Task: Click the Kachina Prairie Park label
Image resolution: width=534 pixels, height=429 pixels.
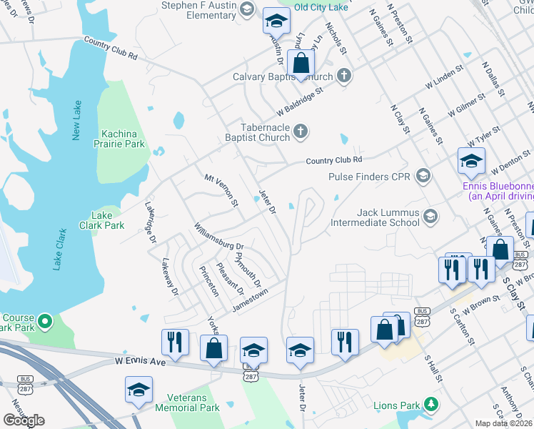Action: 124,139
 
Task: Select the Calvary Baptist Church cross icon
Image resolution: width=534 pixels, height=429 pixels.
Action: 344,77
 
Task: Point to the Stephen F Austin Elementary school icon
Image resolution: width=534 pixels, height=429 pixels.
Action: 247,9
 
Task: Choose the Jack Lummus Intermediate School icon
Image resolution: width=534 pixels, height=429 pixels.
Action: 430,216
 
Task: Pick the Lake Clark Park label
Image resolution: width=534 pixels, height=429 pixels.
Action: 107,220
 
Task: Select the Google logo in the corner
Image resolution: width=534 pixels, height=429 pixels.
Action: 24,420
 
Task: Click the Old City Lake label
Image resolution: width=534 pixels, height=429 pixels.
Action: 321,7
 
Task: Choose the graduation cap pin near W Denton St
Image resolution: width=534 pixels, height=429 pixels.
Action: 471,162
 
